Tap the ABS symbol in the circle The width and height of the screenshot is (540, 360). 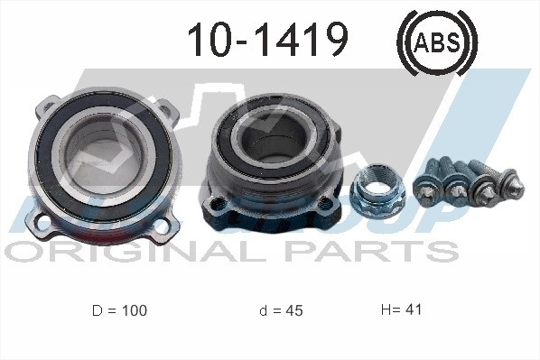click(436, 40)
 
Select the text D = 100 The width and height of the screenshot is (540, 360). click(119, 310)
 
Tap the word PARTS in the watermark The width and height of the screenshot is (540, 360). click(379, 249)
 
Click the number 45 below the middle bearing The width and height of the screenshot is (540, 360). click(293, 310)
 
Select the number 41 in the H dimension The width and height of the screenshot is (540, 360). click(413, 309)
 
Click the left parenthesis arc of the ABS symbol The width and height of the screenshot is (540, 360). click(403, 41)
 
